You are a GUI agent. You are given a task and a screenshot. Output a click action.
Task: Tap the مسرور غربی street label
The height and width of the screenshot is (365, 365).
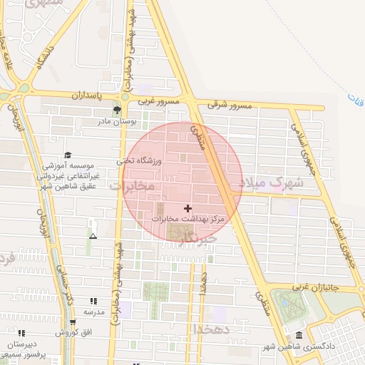pos(157,102)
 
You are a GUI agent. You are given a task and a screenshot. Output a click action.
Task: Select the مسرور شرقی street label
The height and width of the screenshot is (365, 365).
pos(230,106)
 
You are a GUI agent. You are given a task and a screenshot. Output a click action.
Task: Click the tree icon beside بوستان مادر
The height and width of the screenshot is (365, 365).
pos(117,110)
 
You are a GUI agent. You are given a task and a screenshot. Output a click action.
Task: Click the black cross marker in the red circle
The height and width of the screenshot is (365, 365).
pos(187,208)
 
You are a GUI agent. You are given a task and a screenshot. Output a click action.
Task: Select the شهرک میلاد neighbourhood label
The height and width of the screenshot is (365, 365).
pos(272,183)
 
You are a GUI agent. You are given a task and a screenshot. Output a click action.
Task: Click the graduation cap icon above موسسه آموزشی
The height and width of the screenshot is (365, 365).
pos(68,155)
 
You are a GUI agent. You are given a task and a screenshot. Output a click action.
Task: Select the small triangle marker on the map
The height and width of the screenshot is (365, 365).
pos(93,235)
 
